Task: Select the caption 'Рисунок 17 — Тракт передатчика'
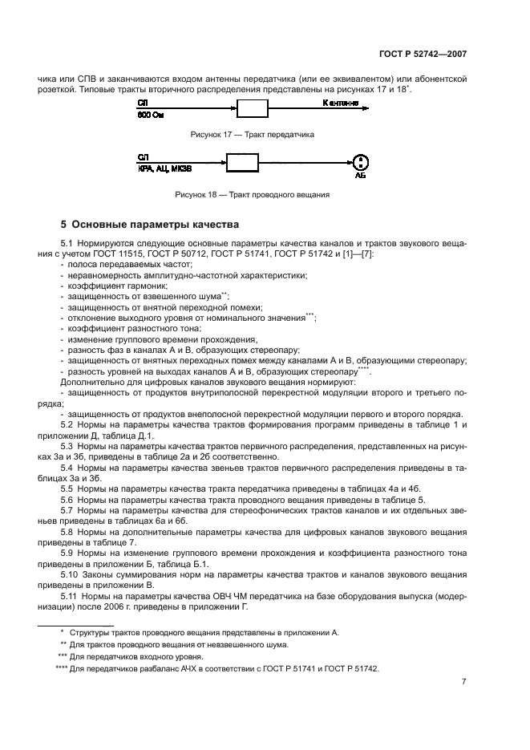(252, 135)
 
